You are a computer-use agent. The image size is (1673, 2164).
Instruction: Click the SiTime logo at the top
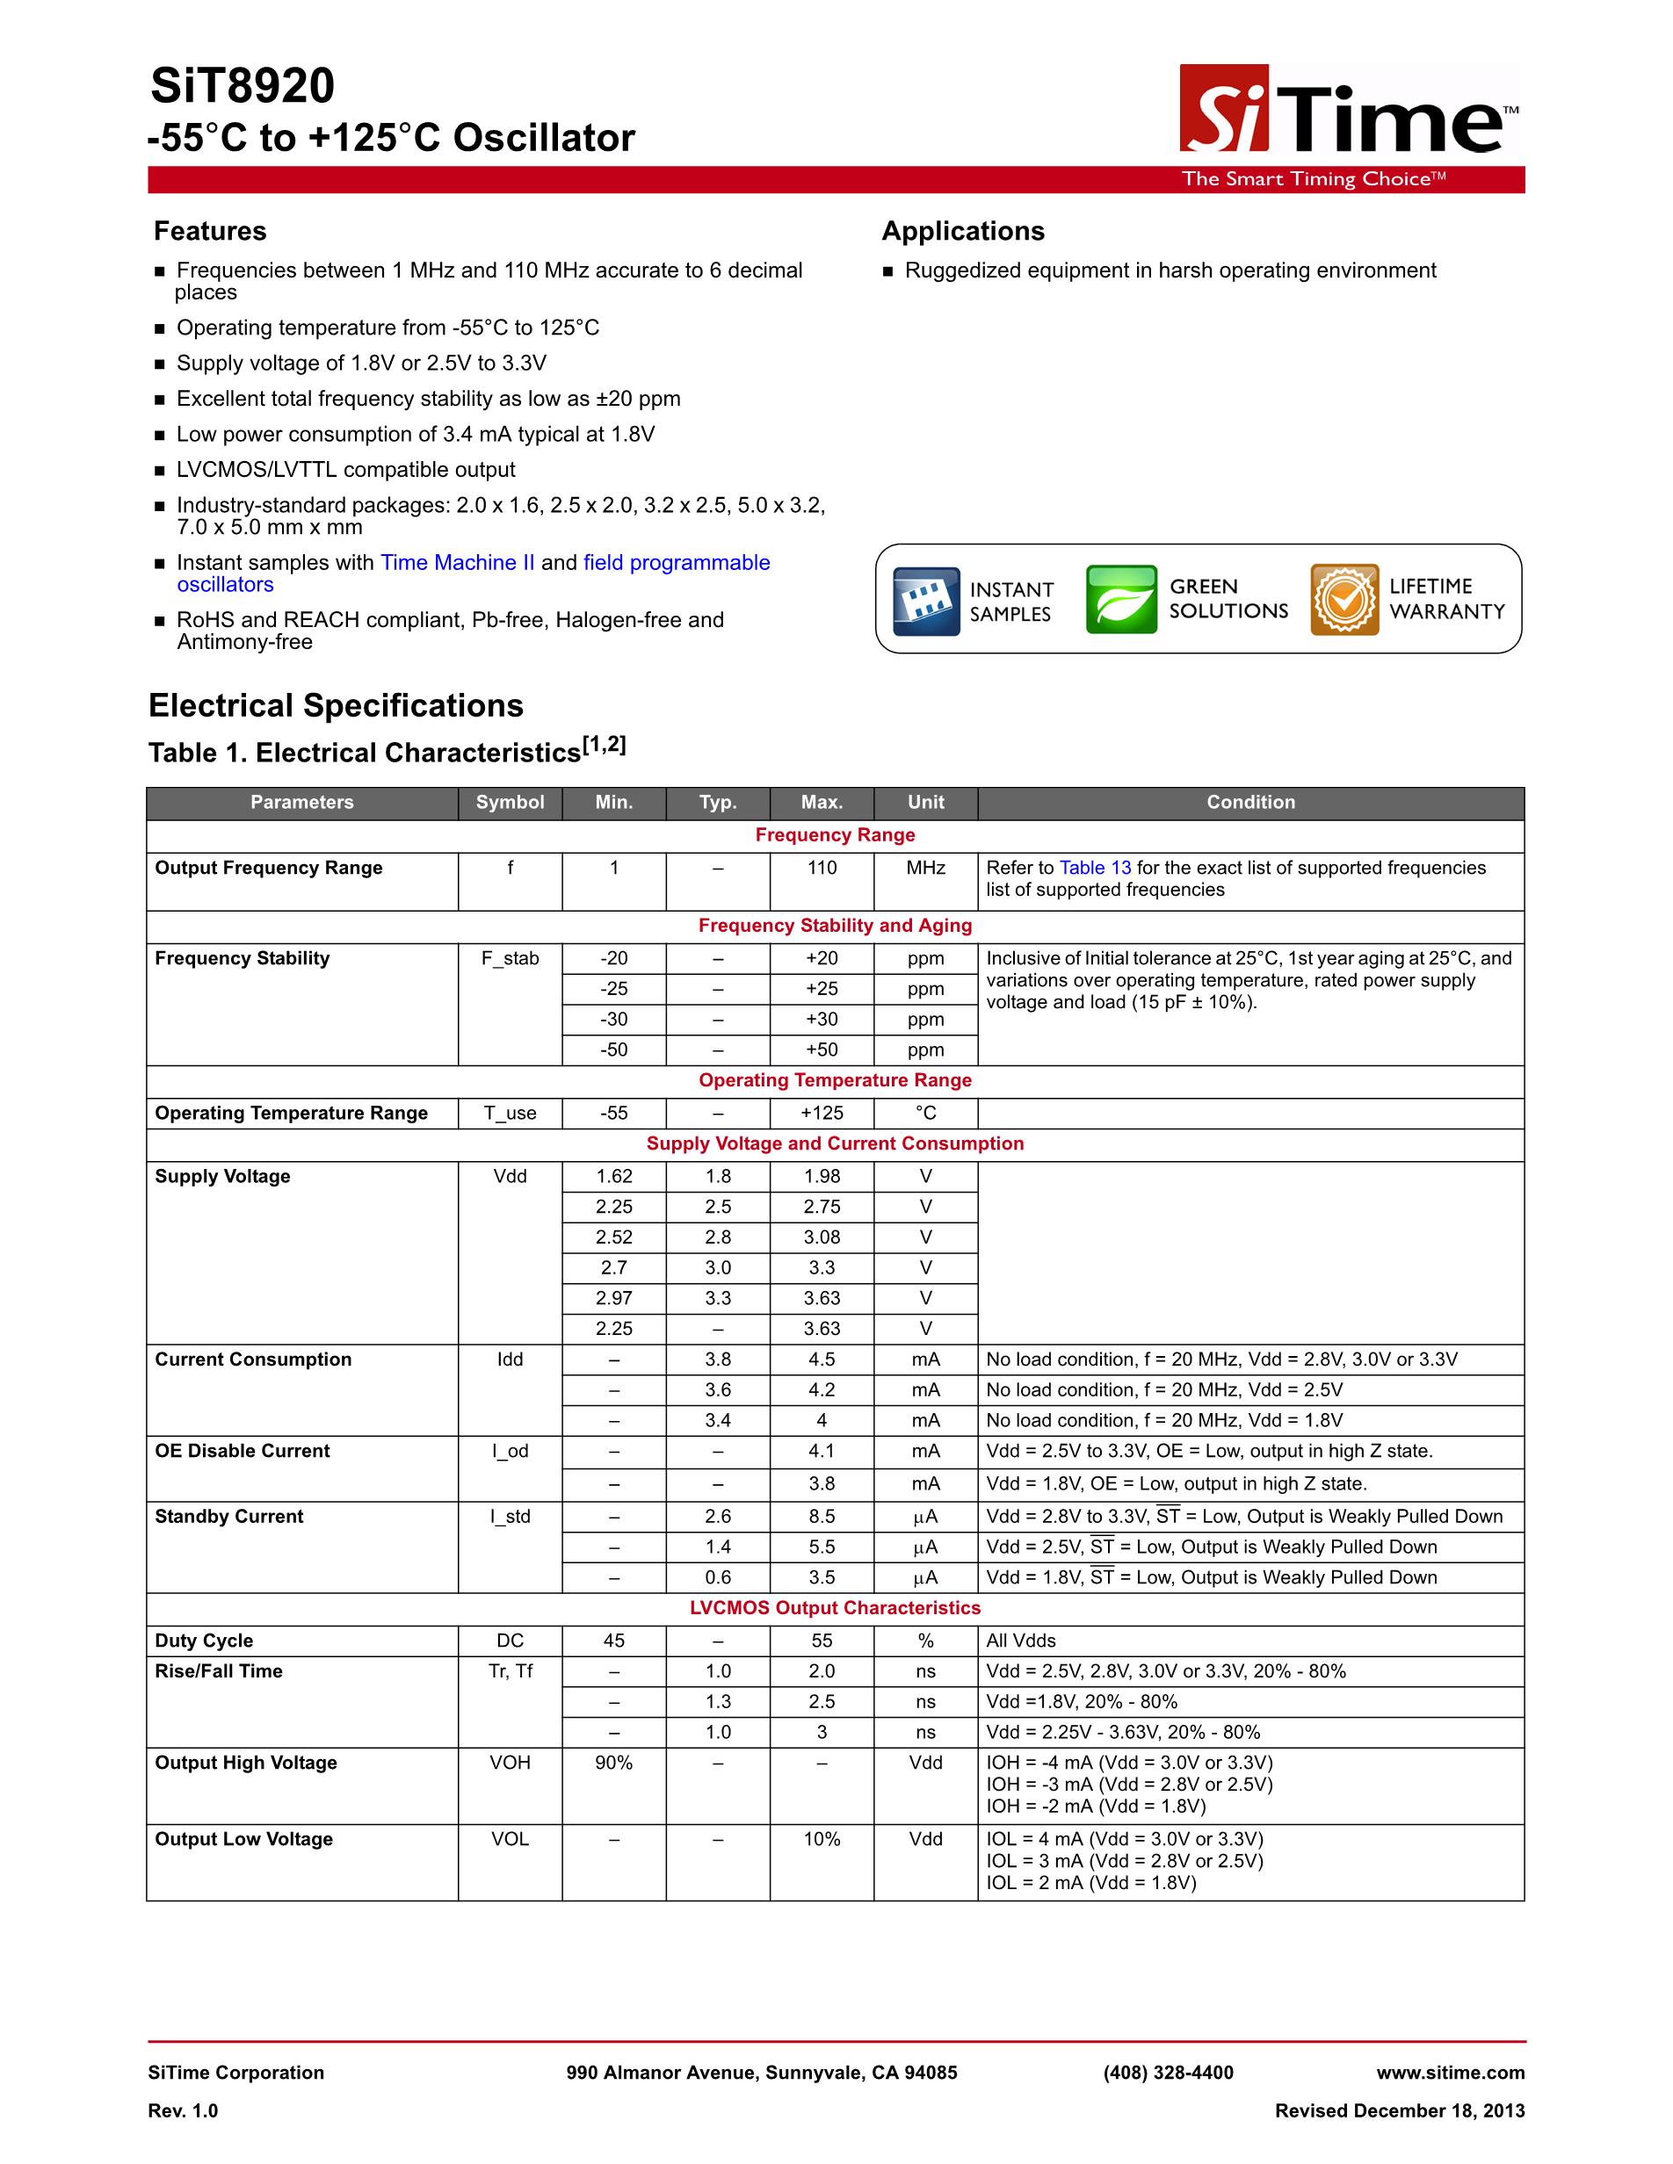point(1348,111)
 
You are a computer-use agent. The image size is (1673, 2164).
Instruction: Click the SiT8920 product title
point(243,87)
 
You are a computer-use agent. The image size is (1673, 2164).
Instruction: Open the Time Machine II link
point(457,563)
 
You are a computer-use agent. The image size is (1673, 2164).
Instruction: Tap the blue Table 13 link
point(1094,868)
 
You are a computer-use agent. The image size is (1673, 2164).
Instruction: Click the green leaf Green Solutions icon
point(1121,600)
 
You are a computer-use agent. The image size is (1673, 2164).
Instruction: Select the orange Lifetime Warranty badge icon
point(1344,600)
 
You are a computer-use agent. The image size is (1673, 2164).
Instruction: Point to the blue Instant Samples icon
point(926,601)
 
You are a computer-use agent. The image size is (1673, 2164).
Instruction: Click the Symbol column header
point(510,803)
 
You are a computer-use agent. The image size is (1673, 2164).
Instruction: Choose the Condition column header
point(1249,803)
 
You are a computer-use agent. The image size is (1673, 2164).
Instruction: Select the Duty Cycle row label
point(204,1641)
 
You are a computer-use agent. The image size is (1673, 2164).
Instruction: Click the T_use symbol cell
point(510,1113)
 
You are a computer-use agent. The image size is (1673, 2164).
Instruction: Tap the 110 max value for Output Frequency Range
point(822,868)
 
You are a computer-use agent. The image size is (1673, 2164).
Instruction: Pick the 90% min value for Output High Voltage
point(613,1763)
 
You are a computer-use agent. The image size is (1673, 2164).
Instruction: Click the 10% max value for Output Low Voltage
point(822,1839)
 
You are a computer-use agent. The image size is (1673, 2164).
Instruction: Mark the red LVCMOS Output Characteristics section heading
point(835,1608)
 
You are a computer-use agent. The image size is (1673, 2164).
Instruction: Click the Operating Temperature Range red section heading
point(835,1080)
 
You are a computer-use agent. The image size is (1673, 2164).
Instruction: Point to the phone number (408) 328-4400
point(1168,2073)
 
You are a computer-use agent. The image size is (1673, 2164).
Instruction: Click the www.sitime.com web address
point(1450,2073)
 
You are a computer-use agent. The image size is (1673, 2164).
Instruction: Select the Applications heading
point(962,231)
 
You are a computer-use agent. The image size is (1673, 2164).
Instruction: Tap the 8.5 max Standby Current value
point(822,1517)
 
